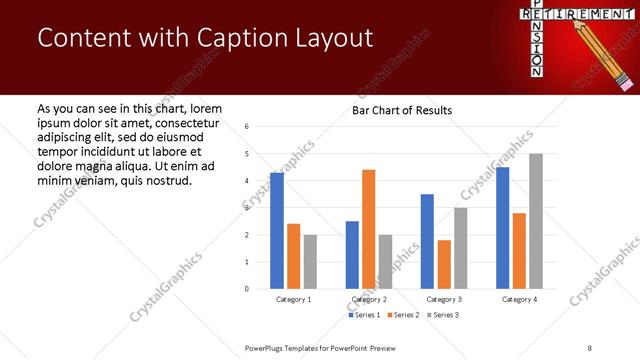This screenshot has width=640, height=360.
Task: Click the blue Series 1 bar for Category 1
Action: (277, 231)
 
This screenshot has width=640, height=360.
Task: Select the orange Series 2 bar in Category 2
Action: (368, 229)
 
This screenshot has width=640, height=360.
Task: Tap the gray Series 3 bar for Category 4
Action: (536, 221)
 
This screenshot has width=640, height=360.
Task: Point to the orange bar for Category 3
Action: (444, 264)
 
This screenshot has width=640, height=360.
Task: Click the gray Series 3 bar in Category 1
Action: (310, 262)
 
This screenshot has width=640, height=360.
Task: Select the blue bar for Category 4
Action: (503, 228)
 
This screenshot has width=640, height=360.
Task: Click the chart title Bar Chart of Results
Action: (402, 110)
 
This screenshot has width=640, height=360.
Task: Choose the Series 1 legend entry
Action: (364, 315)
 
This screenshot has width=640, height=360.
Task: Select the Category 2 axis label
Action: (369, 299)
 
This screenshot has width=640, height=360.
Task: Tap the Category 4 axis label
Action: (519, 299)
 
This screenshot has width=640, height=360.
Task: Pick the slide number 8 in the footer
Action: (590, 347)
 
